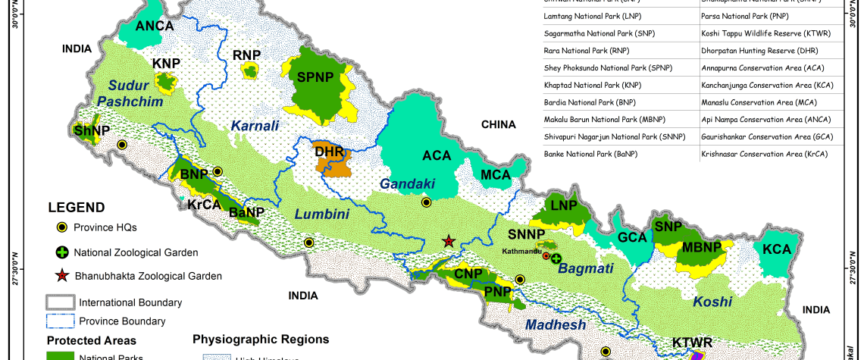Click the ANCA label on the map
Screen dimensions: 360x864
(x=155, y=27)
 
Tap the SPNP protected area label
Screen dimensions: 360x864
(x=315, y=77)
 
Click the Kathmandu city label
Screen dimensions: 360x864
(x=523, y=250)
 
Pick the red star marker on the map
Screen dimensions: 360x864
(x=449, y=241)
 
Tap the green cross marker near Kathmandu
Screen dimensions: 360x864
(x=556, y=258)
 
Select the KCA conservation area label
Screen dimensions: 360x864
(x=777, y=249)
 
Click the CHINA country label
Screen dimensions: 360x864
(x=497, y=124)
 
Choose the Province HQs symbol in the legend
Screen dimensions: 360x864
(x=61, y=227)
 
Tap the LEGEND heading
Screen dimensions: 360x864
(x=77, y=208)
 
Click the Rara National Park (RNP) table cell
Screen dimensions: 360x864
(x=576, y=51)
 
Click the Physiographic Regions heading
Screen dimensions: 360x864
(x=261, y=339)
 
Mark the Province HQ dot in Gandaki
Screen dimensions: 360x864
(x=426, y=202)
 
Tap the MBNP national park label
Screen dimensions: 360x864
(x=701, y=247)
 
